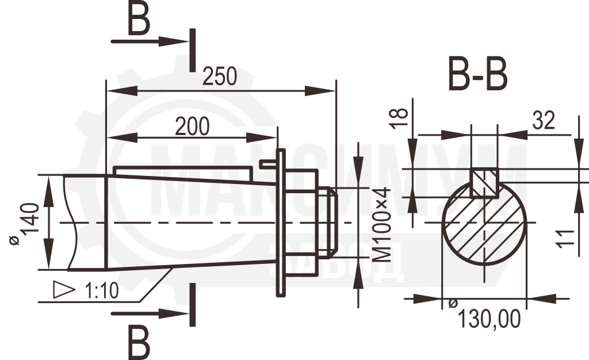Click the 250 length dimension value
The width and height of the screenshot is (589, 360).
click(220, 76)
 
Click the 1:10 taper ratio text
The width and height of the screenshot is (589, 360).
click(102, 290)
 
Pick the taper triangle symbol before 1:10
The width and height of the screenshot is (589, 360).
click(64, 289)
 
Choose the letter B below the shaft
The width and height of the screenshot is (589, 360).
click(139, 341)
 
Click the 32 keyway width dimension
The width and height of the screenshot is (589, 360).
click(544, 121)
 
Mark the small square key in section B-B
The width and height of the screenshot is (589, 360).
click(484, 183)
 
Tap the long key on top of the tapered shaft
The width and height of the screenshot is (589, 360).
click(183, 174)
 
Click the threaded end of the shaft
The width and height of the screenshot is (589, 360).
click(327, 222)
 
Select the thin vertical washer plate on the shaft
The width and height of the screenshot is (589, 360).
click(281, 223)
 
